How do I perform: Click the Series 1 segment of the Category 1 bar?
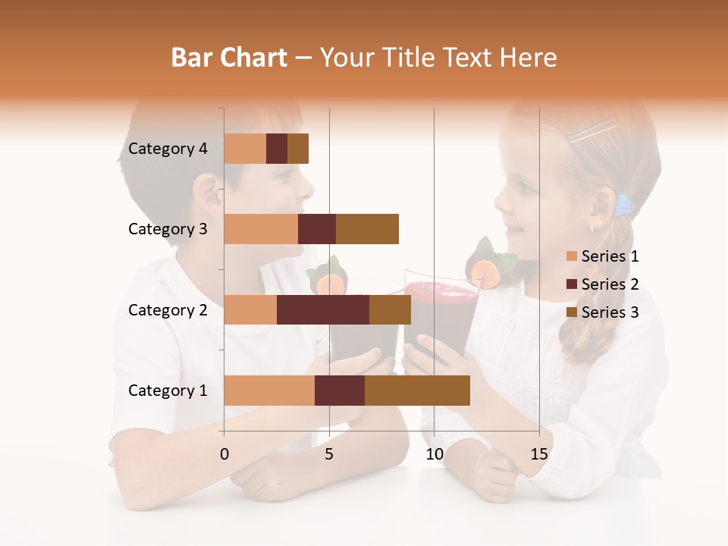pyautogui.click(x=269, y=391)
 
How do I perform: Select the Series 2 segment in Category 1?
pyautogui.click(x=340, y=391)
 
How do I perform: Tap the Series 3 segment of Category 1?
pyautogui.click(x=417, y=391)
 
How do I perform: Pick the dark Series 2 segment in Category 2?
pyautogui.click(x=323, y=309)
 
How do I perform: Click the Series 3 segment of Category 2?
pyautogui.click(x=390, y=309)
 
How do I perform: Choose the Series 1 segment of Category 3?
pyautogui.click(x=261, y=229)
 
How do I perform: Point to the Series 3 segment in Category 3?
pyautogui.click(x=367, y=229)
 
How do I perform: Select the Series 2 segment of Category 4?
pyautogui.click(x=277, y=149)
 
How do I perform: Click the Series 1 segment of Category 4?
pyautogui.click(x=245, y=149)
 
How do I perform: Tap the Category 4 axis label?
pyautogui.click(x=168, y=149)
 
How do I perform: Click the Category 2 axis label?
pyautogui.click(x=168, y=309)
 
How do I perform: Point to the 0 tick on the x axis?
pyautogui.click(x=224, y=454)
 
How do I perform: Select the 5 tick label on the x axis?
pyautogui.click(x=329, y=454)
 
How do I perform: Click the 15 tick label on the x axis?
pyautogui.click(x=539, y=454)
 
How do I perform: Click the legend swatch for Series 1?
pyautogui.click(x=571, y=256)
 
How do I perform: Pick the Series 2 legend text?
pyautogui.click(x=610, y=284)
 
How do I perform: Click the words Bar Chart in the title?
pyautogui.click(x=229, y=57)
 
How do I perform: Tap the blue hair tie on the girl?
pyautogui.click(x=624, y=204)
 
